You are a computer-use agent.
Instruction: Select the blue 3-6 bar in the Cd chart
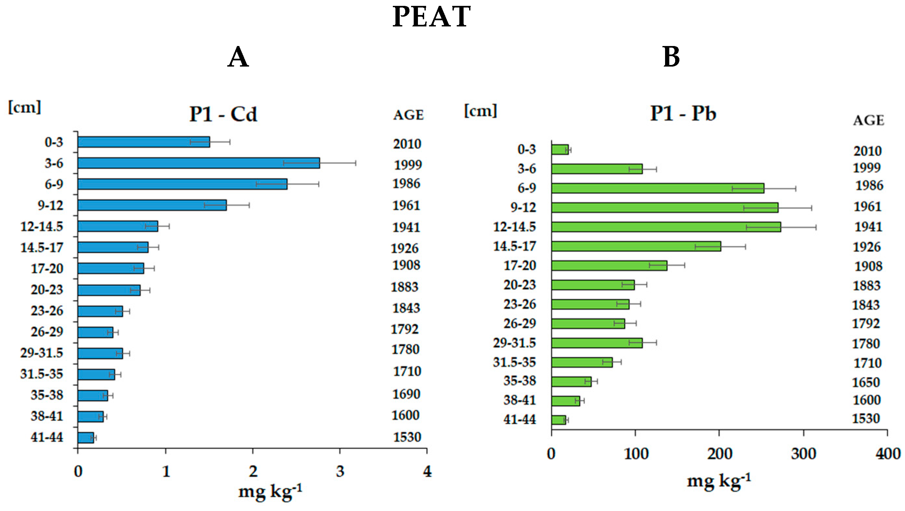[199, 163]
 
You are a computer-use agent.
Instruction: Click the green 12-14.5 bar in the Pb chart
[666, 227]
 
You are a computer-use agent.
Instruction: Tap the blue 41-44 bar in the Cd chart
[86, 438]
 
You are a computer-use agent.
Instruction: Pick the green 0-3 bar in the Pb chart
[560, 150]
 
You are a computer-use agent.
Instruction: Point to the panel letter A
[238, 57]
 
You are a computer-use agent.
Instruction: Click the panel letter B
[671, 57]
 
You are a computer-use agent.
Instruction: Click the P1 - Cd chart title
[223, 114]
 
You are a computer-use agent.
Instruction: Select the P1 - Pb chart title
[683, 114]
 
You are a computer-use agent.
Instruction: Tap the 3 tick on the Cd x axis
[340, 471]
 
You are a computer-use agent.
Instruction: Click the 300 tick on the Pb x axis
[804, 454]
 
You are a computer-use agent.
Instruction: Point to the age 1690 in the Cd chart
[406, 394]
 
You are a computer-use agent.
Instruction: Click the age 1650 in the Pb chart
[866, 382]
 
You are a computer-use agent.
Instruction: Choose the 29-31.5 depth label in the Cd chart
[41, 353]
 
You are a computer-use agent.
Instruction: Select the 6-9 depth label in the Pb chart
[527, 188]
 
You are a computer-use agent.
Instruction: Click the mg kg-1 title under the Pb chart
[719, 481]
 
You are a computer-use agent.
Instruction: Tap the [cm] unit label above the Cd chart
[24, 107]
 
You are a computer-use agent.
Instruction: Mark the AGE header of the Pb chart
[868, 121]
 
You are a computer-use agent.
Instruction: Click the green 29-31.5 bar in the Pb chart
[597, 343]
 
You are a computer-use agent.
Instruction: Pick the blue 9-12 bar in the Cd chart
[152, 205]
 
